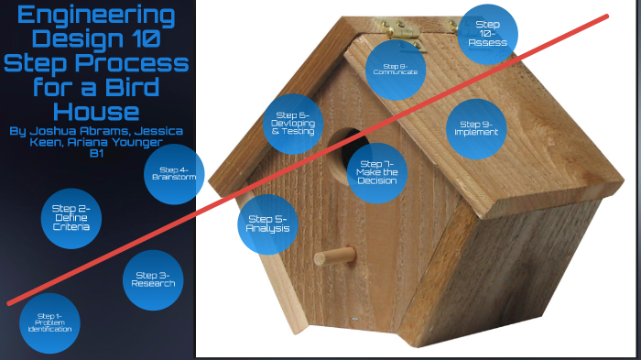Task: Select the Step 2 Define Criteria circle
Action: point(71,218)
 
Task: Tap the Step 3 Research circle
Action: point(153,279)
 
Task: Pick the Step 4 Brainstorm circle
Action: point(173,173)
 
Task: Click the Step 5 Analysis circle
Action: point(267,224)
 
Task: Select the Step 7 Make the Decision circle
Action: point(377,171)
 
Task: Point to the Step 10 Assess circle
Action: point(486,34)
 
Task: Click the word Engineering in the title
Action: point(96,16)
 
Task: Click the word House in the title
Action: point(96,111)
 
